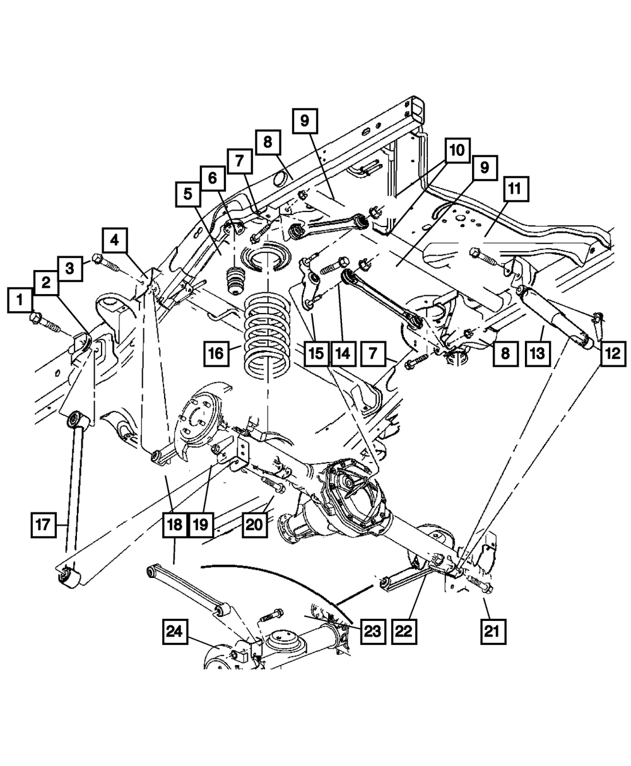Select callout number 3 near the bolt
point(70,268)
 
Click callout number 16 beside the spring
point(216,353)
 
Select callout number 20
point(256,524)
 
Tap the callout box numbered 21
point(494,630)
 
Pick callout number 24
point(177,631)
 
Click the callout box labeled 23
point(372,631)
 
